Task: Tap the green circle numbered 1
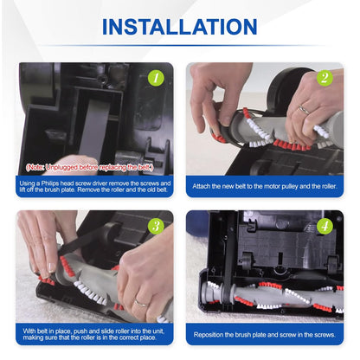156,78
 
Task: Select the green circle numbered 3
156,226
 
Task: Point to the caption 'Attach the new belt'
264,185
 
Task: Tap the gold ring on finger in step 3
139,302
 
